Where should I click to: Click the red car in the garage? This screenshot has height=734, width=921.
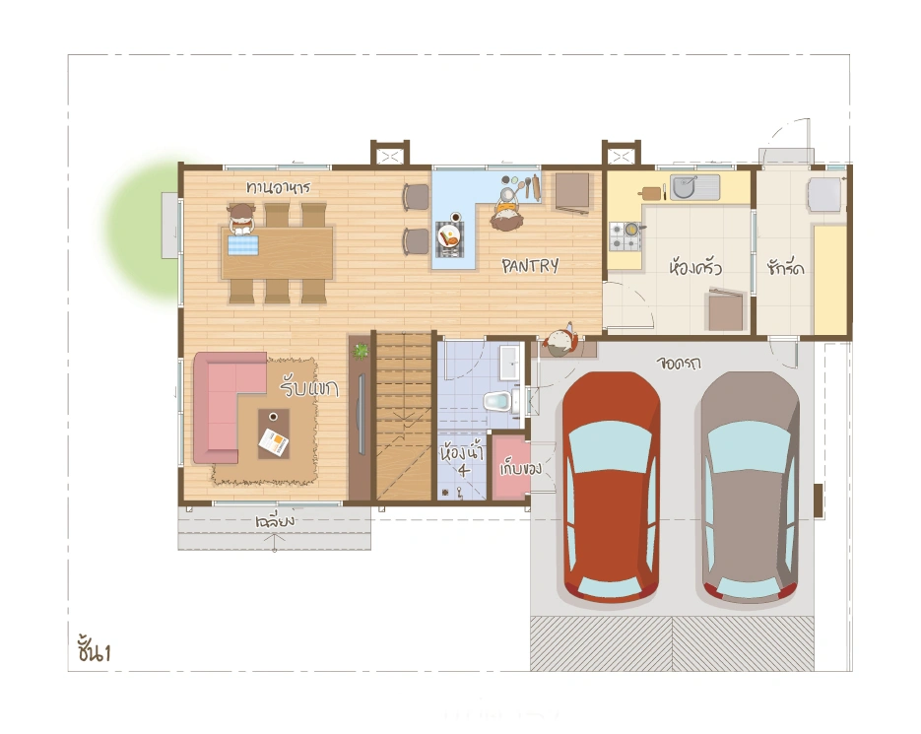pos(611,487)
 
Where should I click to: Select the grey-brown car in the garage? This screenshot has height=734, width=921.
pos(750,487)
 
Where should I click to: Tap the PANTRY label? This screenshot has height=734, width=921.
pos(530,266)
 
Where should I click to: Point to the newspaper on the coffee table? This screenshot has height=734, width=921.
pos(274,442)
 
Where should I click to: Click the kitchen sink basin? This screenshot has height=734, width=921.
pos(683,187)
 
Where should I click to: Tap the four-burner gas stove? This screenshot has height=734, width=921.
pos(625,236)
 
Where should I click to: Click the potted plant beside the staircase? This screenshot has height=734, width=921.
pos(361,352)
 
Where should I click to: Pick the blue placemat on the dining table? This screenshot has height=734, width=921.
pos(242,244)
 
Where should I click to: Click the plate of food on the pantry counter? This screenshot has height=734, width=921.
pos(449,236)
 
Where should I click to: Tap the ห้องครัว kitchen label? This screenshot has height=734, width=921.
pos(695,267)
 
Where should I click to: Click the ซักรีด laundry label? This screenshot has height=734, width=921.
pos(785,268)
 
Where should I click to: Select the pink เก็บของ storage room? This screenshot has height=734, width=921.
pos(511,467)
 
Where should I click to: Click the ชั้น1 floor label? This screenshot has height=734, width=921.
pos(94,649)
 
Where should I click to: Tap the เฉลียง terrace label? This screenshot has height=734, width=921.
pos(275,521)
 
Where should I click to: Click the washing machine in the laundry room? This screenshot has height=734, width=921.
pos(824,194)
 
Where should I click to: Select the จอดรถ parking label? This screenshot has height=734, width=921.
pos(679,363)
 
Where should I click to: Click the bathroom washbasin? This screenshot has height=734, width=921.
pos(508,363)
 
